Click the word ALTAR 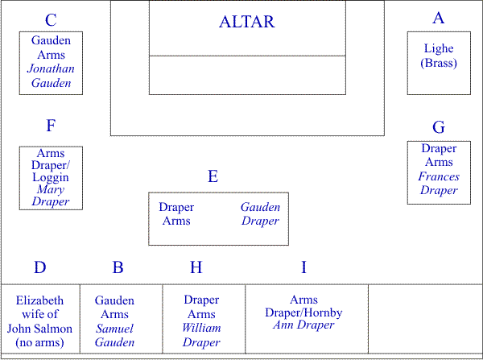(247, 22)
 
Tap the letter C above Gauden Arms (51, 20)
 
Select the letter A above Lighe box (439, 18)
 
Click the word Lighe (439, 48)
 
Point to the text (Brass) (439, 63)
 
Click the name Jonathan (51, 68)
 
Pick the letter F (51, 126)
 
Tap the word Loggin (51, 177)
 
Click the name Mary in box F (51, 189)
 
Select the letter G (439, 127)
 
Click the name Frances (439, 176)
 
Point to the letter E (213, 176)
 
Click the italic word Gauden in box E (260, 207)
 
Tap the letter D (39, 267)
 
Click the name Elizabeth (39, 300)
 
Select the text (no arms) (39, 342)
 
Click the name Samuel (114, 329)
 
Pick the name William (201, 328)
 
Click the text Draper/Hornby (303, 312)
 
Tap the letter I (303, 267)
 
